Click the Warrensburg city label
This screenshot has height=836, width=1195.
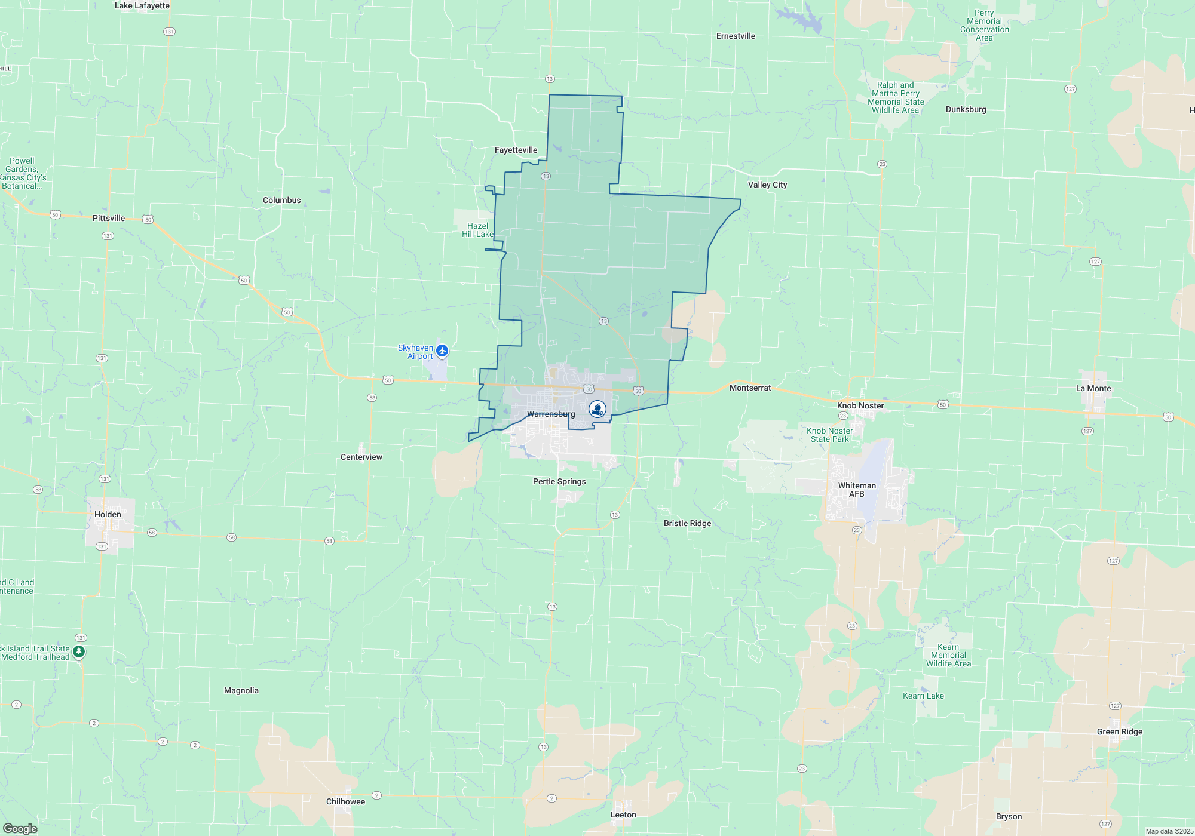click(x=551, y=414)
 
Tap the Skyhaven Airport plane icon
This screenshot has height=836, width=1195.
click(x=442, y=351)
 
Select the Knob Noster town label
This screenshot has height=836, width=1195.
click(x=860, y=405)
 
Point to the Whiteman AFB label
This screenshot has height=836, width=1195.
click(x=857, y=490)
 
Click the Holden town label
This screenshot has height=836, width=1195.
click(x=108, y=514)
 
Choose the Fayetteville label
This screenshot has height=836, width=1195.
click(x=516, y=150)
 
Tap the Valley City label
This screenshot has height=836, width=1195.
click(x=767, y=185)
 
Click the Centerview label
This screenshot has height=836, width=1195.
click(x=361, y=457)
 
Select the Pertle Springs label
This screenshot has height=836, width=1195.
click(x=559, y=481)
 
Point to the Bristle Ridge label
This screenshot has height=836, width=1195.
click(x=687, y=523)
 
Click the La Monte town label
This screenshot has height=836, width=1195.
click(x=1093, y=388)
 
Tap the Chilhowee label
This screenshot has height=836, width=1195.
click(x=345, y=801)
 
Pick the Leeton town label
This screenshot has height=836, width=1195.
click(x=623, y=815)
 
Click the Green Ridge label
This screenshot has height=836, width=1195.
click(x=1119, y=732)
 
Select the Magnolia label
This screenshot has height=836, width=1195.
click(x=241, y=690)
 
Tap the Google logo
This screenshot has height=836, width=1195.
click(x=20, y=828)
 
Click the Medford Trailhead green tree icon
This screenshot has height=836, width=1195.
click(x=79, y=651)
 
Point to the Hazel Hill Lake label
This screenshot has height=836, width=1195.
click(x=477, y=230)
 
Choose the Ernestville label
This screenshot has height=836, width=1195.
click(x=736, y=36)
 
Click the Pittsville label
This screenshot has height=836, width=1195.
click(x=109, y=218)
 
